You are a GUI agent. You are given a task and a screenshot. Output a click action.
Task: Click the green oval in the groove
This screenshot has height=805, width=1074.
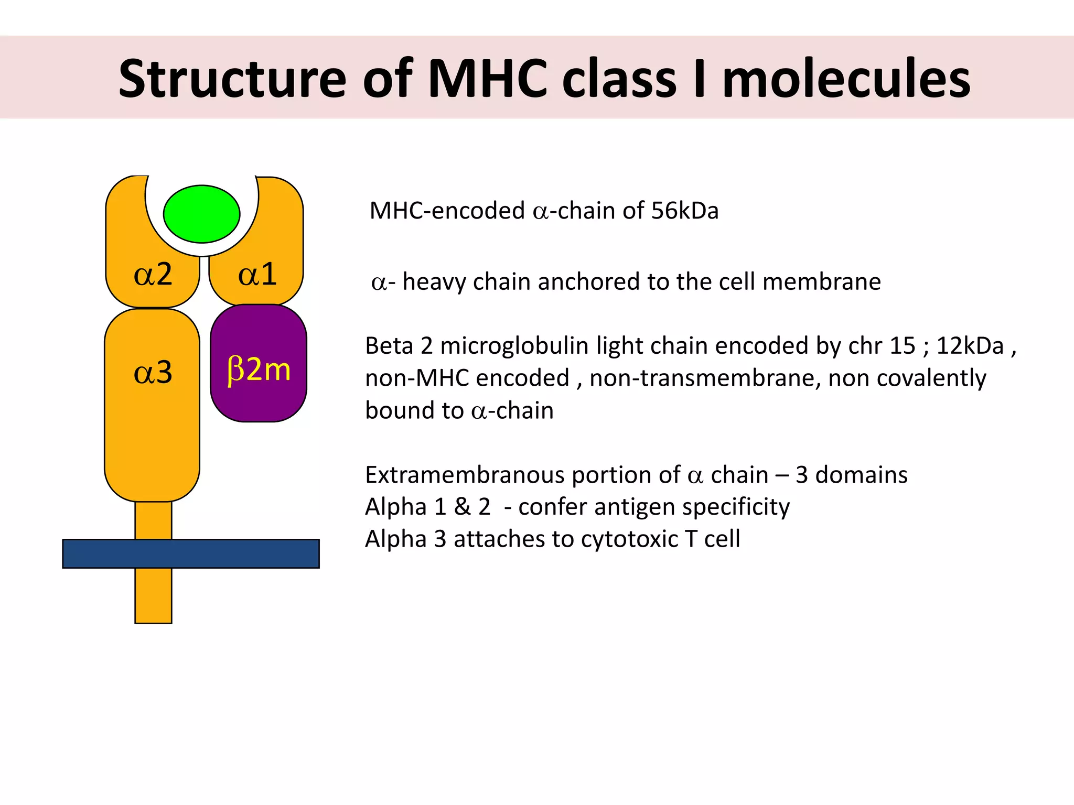(201, 214)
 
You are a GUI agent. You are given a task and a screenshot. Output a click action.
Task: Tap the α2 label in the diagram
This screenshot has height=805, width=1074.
(153, 274)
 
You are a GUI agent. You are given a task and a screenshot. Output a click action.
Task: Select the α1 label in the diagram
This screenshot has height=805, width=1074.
(257, 274)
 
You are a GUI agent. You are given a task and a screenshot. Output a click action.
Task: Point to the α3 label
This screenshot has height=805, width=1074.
(153, 373)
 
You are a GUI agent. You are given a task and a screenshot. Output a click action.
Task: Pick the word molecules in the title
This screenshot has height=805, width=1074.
(846, 79)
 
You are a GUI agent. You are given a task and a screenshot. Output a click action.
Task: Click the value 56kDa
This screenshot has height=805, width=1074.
(684, 211)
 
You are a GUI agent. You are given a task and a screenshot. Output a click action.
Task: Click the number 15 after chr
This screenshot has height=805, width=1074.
(903, 346)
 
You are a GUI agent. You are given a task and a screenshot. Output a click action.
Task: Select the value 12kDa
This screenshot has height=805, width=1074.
(970, 346)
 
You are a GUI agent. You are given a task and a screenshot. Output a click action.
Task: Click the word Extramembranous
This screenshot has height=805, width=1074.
(464, 475)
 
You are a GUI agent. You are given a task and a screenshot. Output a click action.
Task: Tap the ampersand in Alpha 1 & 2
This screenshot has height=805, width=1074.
(462, 507)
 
